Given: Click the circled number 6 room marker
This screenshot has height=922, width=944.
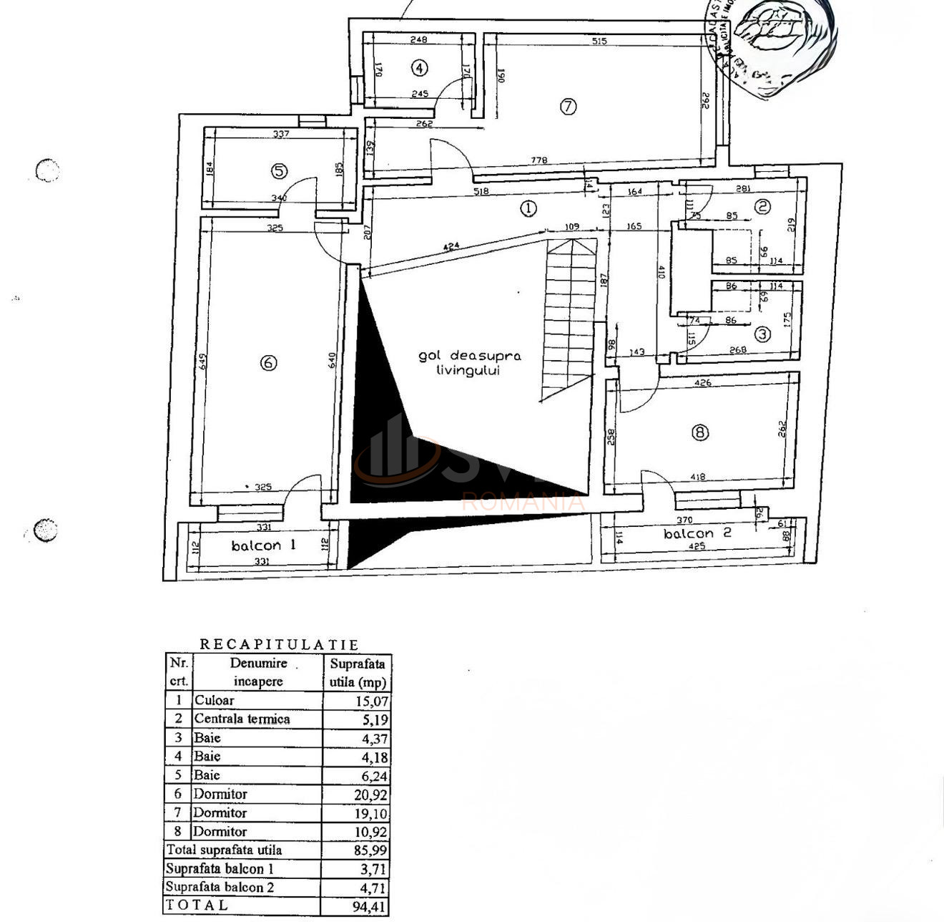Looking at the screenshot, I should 268,363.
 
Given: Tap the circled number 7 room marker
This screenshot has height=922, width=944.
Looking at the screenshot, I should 568,107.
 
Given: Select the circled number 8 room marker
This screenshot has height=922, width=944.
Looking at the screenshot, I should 699,432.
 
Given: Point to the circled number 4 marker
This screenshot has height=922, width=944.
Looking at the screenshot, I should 420,68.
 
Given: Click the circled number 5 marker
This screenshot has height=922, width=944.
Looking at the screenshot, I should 279,171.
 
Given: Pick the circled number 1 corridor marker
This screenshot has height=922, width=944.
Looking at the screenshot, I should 528,208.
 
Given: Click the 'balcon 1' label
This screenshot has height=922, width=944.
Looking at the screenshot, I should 263,545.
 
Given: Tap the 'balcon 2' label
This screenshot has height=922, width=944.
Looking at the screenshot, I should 687,533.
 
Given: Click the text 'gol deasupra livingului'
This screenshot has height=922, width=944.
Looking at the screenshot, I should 469,363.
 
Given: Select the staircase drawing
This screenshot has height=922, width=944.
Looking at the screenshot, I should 569,319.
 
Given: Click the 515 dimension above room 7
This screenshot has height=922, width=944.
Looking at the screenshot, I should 599,42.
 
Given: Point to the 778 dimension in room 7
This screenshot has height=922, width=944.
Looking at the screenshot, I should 539,160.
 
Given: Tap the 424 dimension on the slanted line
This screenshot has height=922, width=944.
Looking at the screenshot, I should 451,246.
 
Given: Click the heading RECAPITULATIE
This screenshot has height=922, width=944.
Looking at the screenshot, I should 279,644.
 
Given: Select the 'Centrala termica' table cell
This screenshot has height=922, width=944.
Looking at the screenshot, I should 242,719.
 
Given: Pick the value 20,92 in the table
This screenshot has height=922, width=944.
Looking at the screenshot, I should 372,795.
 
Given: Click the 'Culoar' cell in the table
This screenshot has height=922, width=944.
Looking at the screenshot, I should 214,701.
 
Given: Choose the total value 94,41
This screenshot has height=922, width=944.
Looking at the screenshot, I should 372,906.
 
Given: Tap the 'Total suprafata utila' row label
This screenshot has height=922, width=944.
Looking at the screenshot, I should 224,850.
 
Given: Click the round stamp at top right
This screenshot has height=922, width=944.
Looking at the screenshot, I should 776,43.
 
